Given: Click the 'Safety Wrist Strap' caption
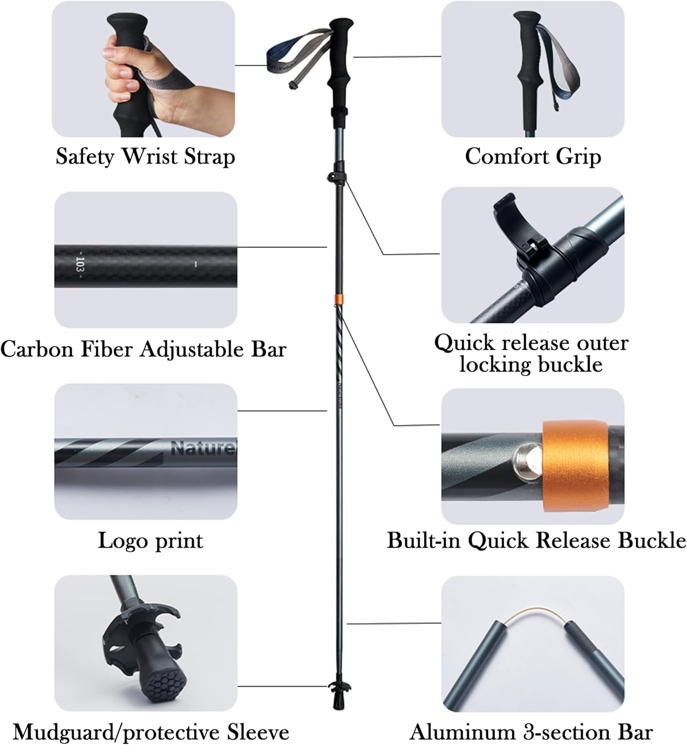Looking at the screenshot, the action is pos(145,156).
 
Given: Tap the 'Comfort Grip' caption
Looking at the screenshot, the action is pos(533,156).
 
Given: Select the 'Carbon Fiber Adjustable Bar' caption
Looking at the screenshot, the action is pos(143,349).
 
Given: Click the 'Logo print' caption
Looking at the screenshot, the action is pos(150,540).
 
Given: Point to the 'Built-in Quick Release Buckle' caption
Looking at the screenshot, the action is pos(536,540).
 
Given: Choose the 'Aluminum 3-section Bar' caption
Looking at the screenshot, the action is pos(531,733).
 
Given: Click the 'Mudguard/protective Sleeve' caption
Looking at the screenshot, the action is pos(151,733).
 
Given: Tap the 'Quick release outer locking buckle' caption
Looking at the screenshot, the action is pos(531,353).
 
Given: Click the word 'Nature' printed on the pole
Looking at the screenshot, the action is pos(202,448).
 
